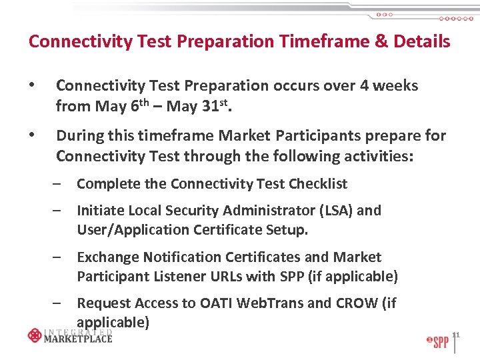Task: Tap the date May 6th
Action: pos(115,105)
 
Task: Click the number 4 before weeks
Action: pos(367,86)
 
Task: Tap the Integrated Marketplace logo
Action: pos(70,335)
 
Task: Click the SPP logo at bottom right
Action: pos(437,342)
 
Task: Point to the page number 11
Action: pos(456,334)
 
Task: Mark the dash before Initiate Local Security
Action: pos(59,211)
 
